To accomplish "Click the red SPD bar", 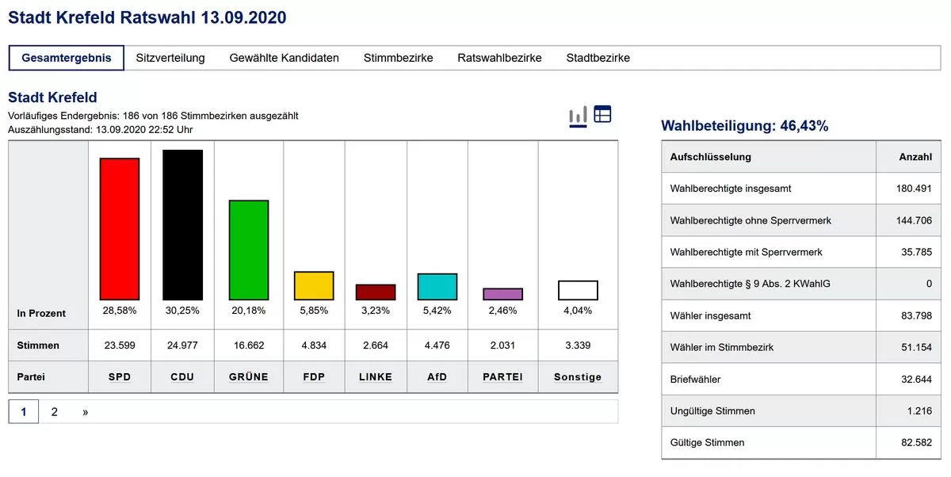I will (x=119, y=229).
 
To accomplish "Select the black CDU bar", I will (x=182, y=225).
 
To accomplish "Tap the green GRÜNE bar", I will (x=249, y=250).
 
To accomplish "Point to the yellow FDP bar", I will (x=314, y=285).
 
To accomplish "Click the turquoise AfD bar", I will (x=437, y=286).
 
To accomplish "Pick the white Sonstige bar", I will (x=578, y=290).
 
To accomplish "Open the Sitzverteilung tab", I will (x=170, y=58).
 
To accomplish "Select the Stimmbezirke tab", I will (x=398, y=58).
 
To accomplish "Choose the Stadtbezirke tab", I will (x=598, y=58).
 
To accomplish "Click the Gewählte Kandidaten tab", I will (x=284, y=58).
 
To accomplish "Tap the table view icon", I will (x=602, y=114).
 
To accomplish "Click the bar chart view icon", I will (x=578, y=116).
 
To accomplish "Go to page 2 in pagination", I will (x=55, y=412).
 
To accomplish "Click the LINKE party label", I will (x=376, y=377).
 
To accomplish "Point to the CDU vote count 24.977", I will (x=182, y=345).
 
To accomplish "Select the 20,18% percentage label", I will (x=249, y=311).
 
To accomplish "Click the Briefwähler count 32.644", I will (x=915, y=380).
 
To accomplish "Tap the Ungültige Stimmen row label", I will (x=712, y=411).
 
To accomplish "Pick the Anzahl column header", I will (x=915, y=157).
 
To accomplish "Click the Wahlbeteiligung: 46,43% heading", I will (x=744, y=126).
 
